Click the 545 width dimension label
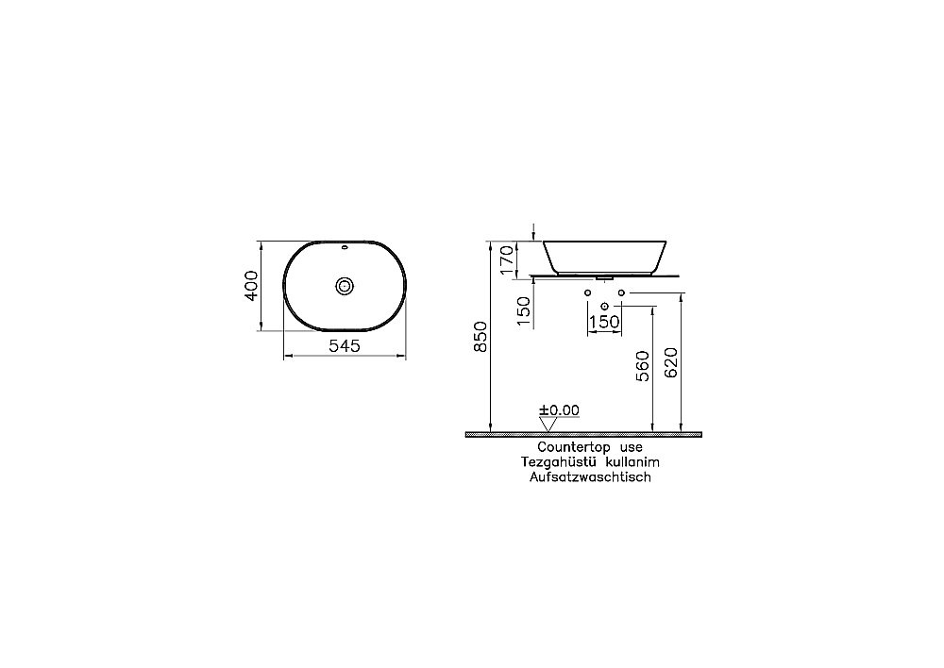tap(346, 346)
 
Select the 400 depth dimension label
tap(251, 285)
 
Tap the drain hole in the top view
tap(346, 285)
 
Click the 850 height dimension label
tap(480, 338)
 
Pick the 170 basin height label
tap(507, 259)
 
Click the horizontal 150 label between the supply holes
tap(604, 322)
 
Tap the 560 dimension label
tap(644, 364)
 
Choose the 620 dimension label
tap(671, 362)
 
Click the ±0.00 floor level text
tap(559, 410)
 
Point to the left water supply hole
tap(587, 293)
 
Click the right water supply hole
tap(621, 293)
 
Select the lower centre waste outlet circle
tap(604, 306)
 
